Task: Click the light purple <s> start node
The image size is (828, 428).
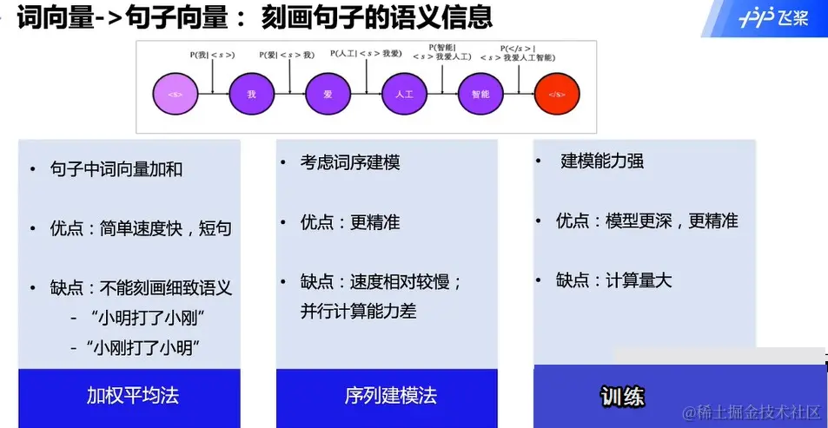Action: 174,93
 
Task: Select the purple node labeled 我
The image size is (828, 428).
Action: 250,93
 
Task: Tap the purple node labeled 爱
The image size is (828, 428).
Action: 327,93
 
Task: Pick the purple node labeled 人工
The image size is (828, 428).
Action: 404,93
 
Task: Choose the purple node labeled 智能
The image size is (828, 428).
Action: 480,93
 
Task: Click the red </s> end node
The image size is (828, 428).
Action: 557,93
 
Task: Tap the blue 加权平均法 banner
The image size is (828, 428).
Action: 129,397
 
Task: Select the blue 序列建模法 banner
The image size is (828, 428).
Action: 387,397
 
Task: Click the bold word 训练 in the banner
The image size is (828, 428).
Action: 622,397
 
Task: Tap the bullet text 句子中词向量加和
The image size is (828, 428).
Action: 116,169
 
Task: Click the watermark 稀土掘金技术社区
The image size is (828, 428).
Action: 752,412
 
